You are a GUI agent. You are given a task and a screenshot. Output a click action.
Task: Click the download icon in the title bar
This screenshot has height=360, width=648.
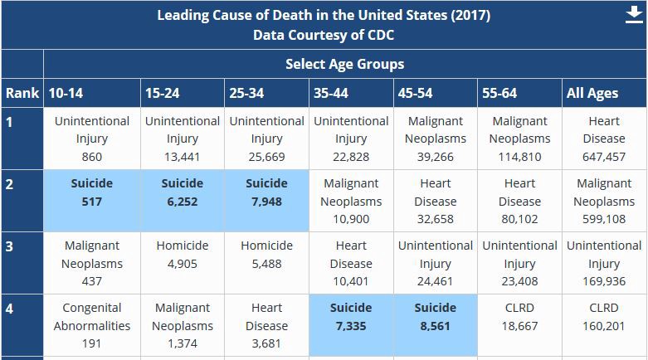click(x=634, y=17)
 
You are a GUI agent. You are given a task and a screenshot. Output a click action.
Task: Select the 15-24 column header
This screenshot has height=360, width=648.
click(x=163, y=93)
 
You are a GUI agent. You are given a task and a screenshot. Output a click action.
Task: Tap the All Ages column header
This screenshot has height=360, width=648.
click(x=592, y=93)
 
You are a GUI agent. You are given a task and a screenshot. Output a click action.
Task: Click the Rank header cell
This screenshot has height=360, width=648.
click(x=22, y=93)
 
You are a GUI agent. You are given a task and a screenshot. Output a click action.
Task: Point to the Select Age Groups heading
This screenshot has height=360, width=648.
click(x=344, y=64)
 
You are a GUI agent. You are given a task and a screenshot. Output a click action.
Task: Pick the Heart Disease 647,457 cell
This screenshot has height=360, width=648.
click(x=604, y=139)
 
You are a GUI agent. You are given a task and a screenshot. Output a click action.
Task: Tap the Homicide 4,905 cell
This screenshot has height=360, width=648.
click(x=183, y=255)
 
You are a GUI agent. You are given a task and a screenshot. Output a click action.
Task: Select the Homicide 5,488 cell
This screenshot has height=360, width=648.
click(x=267, y=255)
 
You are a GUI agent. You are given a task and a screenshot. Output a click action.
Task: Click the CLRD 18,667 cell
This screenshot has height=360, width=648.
click(x=519, y=316)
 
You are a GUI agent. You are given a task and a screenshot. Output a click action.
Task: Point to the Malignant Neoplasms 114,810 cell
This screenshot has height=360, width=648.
click(x=519, y=139)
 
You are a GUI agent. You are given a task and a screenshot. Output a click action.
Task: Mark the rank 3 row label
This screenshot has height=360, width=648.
click(x=10, y=246)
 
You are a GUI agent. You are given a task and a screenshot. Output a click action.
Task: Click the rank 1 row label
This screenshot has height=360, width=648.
click(x=10, y=122)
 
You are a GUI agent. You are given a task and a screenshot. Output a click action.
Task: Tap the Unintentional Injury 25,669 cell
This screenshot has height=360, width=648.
click(x=267, y=139)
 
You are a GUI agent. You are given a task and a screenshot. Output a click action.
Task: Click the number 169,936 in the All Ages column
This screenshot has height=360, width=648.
click(x=604, y=281)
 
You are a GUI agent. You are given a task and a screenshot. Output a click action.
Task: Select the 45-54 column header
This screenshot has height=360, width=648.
click(x=415, y=93)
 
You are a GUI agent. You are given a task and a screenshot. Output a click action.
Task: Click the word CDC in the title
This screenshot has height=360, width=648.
click(x=378, y=36)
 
